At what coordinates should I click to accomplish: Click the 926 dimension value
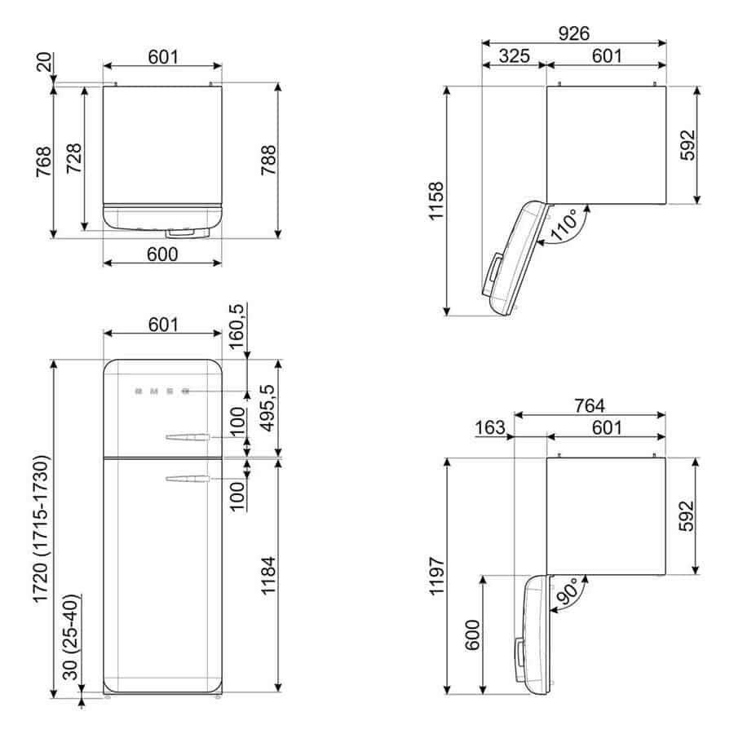pos(574,33)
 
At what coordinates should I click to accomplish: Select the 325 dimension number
pos(514,55)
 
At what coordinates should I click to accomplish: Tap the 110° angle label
pos(564,225)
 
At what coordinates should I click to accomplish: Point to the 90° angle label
pos(568,593)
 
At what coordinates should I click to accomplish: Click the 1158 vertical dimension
pos(436,201)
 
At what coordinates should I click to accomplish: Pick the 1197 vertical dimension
pos(436,576)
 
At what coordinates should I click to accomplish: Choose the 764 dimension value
pos(590,405)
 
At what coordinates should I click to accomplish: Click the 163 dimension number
pos(490,427)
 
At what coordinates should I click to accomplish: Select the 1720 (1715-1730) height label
pos(41,528)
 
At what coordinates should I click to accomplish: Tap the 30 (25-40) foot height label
pos(70,637)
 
